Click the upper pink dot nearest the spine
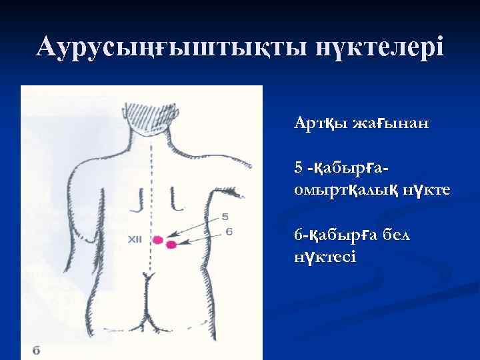159,239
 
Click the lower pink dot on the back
171,245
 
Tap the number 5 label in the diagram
225,216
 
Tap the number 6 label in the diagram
229,231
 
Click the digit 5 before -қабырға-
298,165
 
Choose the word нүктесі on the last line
325,257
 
